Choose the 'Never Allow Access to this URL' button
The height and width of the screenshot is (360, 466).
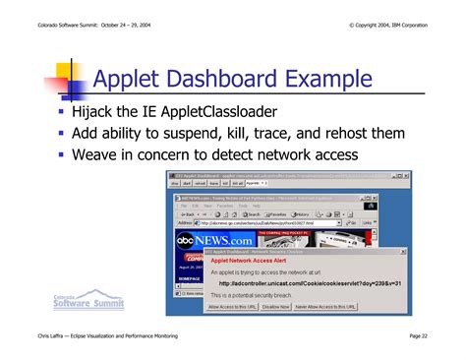(325, 307)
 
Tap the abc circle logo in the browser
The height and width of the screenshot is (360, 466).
(186, 239)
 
